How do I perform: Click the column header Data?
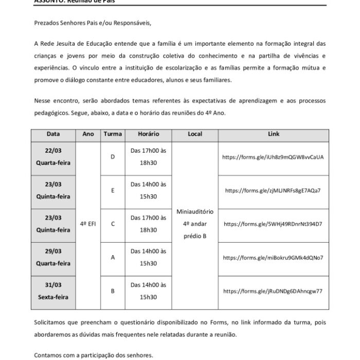click(x=53, y=134)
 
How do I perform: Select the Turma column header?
click(x=113, y=134)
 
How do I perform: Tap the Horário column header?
click(x=148, y=134)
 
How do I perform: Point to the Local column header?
click(x=195, y=134)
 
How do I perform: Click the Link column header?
click(x=274, y=134)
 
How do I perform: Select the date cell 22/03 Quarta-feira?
click(x=53, y=158)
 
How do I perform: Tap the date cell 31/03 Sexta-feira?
click(x=53, y=291)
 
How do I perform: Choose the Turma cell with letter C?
click(x=113, y=224)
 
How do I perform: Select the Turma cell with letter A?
click(x=113, y=257)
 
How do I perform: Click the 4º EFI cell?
click(x=87, y=224)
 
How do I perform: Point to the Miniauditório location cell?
click(x=195, y=224)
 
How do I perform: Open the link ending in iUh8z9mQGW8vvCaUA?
click(x=273, y=157)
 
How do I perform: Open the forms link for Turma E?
click(x=273, y=190)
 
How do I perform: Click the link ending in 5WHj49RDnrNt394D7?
click(x=273, y=224)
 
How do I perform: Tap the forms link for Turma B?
click(x=273, y=291)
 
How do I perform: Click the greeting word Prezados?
click(x=47, y=23)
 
